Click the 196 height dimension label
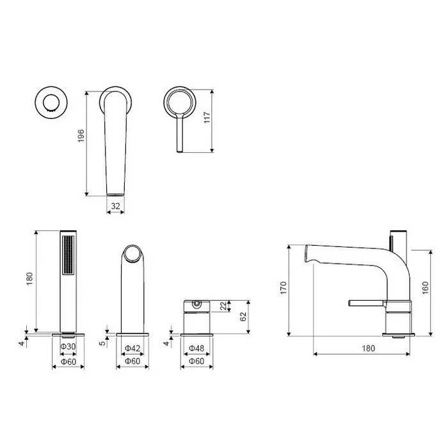(x=81, y=136)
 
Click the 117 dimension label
(x=207, y=117)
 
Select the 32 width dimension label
(x=115, y=206)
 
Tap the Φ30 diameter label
(x=68, y=347)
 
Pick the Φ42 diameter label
(x=132, y=348)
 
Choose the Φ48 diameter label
(x=196, y=348)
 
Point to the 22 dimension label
(x=223, y=306)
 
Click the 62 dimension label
(x=243, y=317)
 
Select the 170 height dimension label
(x=283, y=288)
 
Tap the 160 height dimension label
(x=425, y=288)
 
